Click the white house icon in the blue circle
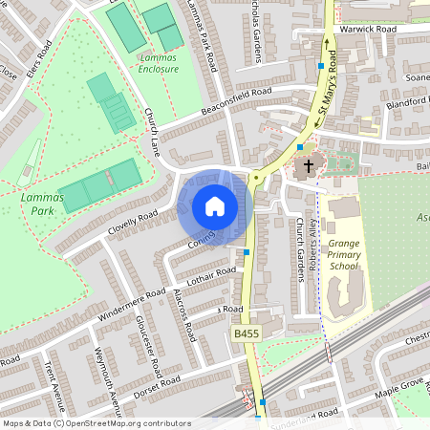pos(214,206)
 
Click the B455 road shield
pos(245,333)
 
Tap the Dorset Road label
pos(157,384)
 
